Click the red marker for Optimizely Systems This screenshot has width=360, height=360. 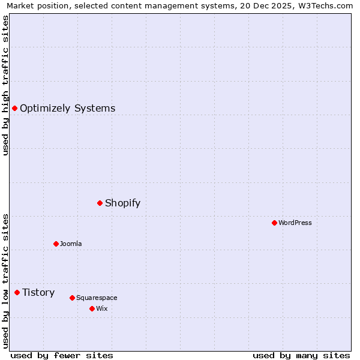click(14, 108)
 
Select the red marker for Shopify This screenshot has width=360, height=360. click(100, 203)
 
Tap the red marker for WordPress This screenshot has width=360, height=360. click(274, 223)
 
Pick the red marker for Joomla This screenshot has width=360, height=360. click(56, 244)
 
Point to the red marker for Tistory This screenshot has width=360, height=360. click(17, 292)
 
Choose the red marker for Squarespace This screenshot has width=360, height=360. click(72, 298)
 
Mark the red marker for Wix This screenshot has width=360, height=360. click(92, 308)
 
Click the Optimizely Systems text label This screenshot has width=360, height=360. click(67, 109)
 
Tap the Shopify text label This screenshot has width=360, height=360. click(122, 203)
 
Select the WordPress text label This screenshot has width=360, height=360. click(295, 223)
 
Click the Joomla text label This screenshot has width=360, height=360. click(71, 244)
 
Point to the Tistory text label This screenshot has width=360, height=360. click(38, 293)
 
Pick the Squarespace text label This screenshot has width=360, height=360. click(97, 298)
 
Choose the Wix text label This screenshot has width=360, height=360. click(101, 309)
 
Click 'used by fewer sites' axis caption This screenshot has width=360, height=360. click(62, 355)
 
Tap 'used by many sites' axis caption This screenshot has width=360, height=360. click(301, 355)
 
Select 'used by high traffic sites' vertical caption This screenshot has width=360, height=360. click(5, 85)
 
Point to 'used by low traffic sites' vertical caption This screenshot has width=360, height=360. click(5, 281)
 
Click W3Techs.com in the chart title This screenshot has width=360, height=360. click(325, 6)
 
